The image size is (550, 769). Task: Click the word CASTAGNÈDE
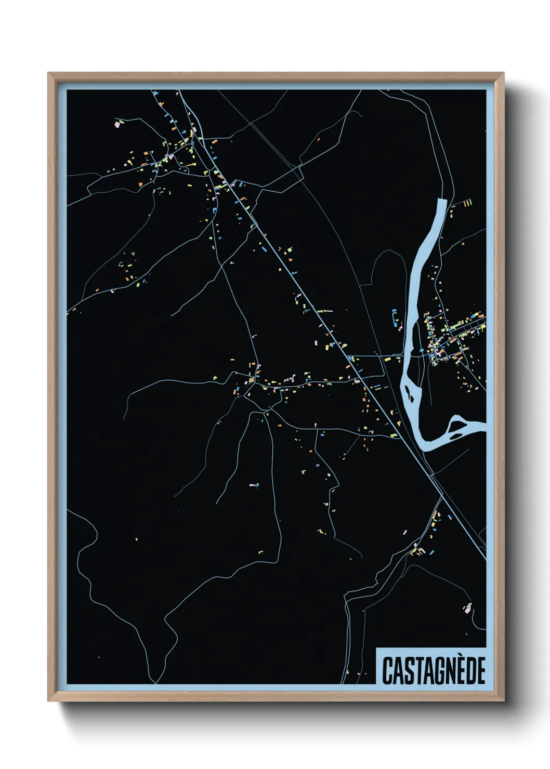click(434, 670)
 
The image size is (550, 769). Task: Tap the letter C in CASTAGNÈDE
click(388, 671)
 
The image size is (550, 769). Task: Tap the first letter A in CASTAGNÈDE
click(396, 671)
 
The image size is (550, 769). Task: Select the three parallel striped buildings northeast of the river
click(467, 203)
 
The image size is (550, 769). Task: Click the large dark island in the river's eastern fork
click(459, 427)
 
